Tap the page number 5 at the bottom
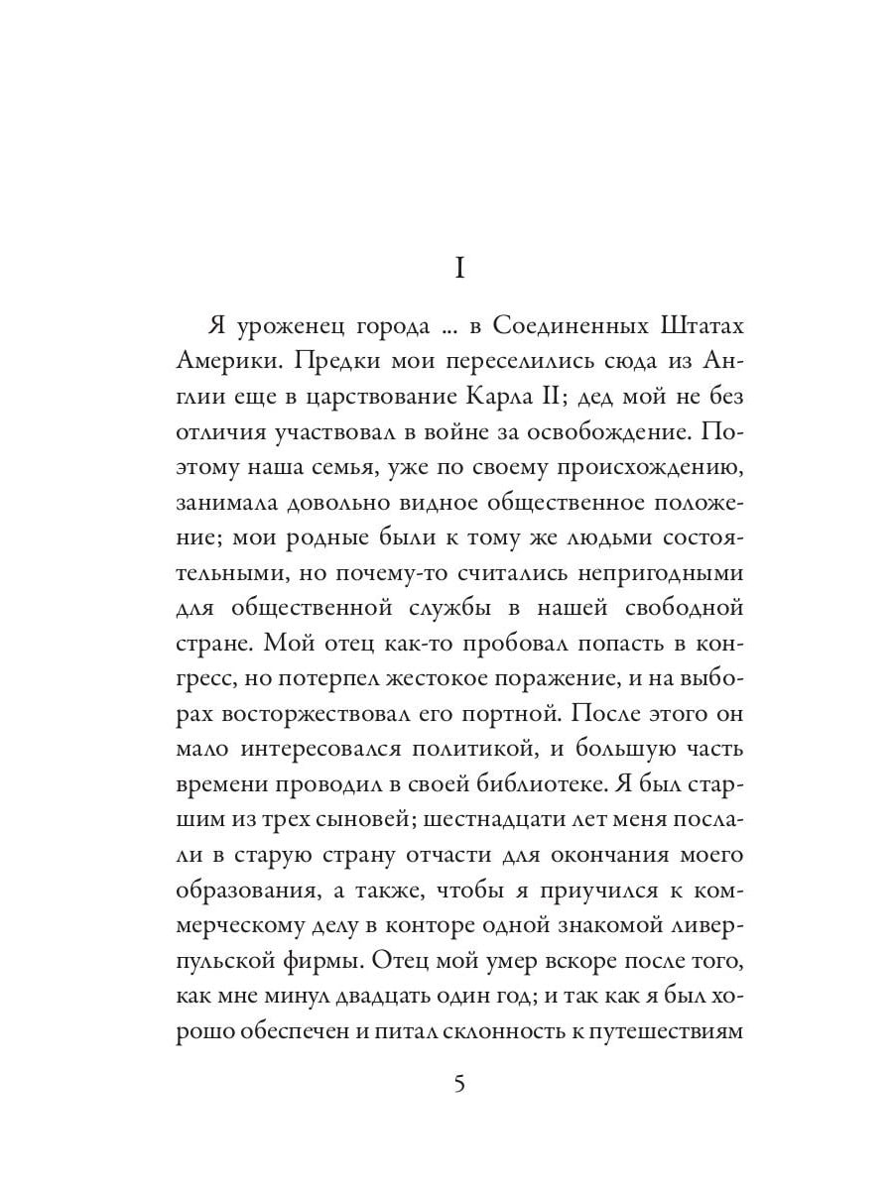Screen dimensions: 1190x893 click(458, 1082)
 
